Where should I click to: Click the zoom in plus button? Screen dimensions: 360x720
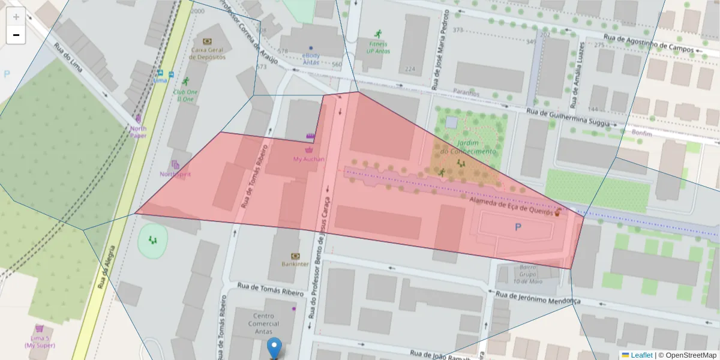16,17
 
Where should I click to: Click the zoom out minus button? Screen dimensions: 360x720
16,35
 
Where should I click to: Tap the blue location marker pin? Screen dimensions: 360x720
274,347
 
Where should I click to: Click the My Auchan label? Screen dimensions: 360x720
309,159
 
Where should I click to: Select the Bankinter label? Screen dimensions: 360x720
295,263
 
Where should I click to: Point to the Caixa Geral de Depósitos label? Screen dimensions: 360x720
207,53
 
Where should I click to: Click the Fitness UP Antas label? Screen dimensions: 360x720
378,47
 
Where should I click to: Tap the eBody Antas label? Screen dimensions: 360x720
311,59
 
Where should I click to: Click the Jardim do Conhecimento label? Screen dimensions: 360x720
468,147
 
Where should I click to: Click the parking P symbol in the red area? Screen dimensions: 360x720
518,227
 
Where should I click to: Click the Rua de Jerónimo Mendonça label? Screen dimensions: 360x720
538,298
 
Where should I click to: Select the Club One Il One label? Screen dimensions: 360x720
185,95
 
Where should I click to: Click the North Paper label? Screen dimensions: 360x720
138,131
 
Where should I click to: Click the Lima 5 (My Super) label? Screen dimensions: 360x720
40,341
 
